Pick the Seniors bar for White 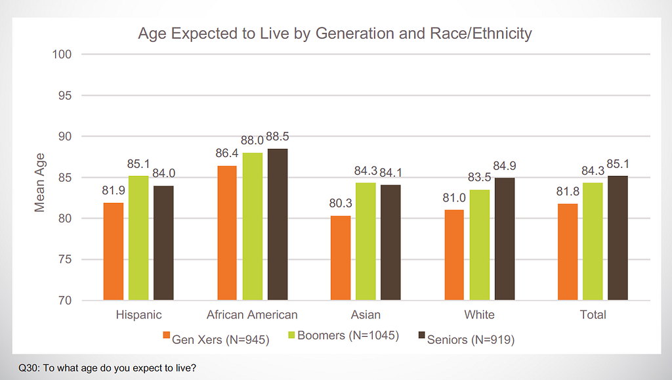click(504, 239)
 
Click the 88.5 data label click(278, 137)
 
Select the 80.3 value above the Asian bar click(340, 204)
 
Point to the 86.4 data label click(227, 154)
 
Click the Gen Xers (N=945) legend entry click(216, 339)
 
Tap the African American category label click(252, 315)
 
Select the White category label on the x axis click(479, 315)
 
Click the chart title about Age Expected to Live click(335, 33)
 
